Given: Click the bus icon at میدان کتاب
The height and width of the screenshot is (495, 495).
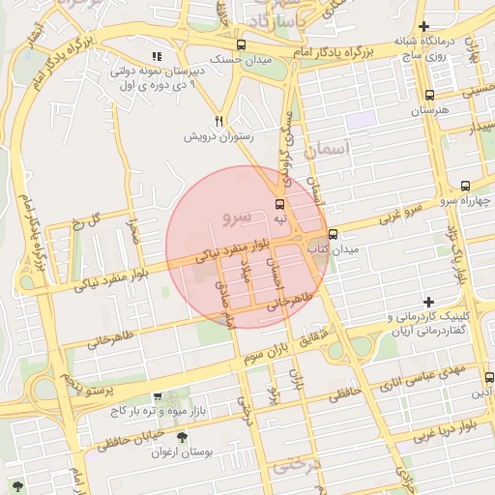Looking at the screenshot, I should coord(334,234).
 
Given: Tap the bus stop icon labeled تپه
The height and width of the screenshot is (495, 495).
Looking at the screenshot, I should coord(279,204).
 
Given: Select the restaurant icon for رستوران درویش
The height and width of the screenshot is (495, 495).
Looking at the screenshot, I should coord(219,121).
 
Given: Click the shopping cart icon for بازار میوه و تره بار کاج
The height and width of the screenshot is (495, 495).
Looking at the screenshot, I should coord(158,397).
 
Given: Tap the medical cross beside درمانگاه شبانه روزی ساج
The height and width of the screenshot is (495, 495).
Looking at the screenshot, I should coord(451,26).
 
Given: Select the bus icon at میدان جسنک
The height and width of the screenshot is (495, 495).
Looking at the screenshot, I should coord(241,44).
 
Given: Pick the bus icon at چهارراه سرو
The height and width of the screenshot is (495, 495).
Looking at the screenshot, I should coord(465,185).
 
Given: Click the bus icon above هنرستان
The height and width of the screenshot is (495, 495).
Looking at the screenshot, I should coord(430,96).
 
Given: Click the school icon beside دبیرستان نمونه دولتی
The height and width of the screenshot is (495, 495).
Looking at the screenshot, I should coord(158,57).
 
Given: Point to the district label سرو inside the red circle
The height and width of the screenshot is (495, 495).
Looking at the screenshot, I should coord(236,216).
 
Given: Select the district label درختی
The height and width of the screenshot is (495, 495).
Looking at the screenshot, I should coord(294,465).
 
